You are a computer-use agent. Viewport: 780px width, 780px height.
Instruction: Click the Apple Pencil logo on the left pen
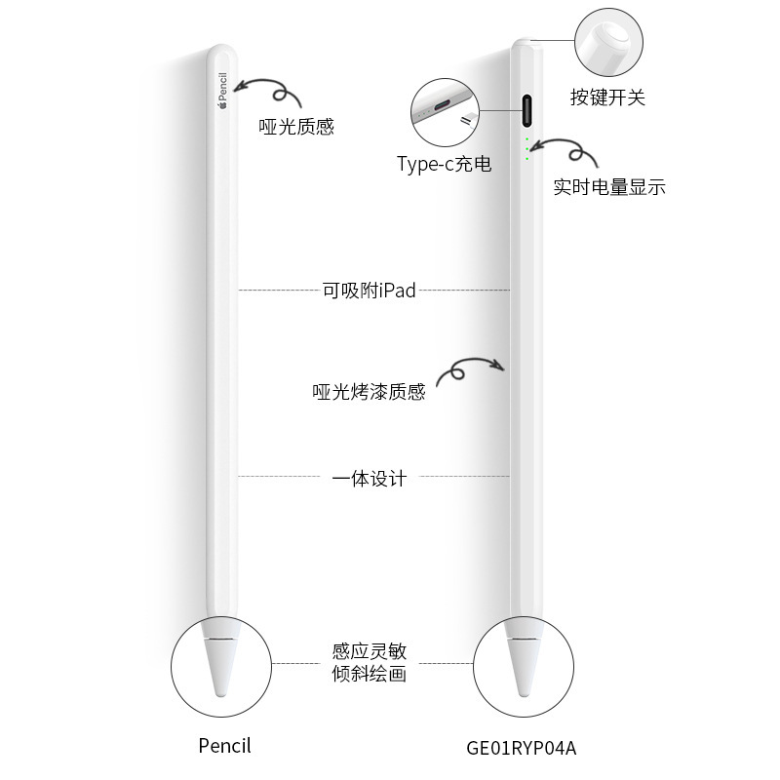221,93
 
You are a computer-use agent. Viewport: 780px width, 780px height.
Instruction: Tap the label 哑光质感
296,127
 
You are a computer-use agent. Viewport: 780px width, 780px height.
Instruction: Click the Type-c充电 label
444,164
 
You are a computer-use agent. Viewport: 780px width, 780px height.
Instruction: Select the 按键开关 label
607,97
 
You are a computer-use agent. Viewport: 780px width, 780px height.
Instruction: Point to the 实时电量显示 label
609,187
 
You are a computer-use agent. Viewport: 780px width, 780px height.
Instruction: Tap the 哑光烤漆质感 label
369,392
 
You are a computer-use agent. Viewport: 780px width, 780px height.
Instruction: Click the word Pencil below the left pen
224,746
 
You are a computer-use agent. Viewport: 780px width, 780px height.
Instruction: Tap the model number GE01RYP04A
522,749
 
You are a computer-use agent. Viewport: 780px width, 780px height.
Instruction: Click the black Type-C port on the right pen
527,110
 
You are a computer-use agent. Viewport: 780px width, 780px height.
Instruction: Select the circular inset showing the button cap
607,42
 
